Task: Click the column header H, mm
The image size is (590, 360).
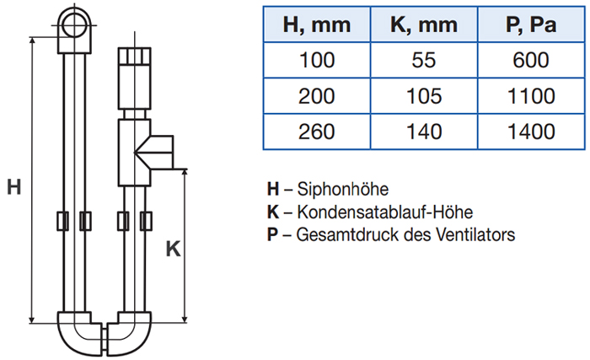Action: click(317, 25)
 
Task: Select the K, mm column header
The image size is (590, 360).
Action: click(424, 25)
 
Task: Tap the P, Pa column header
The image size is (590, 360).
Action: click(529, 25)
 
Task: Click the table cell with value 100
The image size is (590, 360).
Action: click(317, 61)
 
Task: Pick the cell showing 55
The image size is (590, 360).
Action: click(424, 61)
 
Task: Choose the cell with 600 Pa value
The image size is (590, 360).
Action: click(529, 61)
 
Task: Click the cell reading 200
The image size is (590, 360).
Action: click(317, 96)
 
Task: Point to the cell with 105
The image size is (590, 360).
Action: click(424, 96)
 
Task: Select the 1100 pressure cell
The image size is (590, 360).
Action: click(529, 96)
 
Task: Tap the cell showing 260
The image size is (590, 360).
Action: click(317, 132)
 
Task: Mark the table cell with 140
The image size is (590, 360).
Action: click(424, 132)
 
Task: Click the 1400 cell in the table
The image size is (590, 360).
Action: click(529, 132)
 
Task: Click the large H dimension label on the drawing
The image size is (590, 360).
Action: click(13, 186)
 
